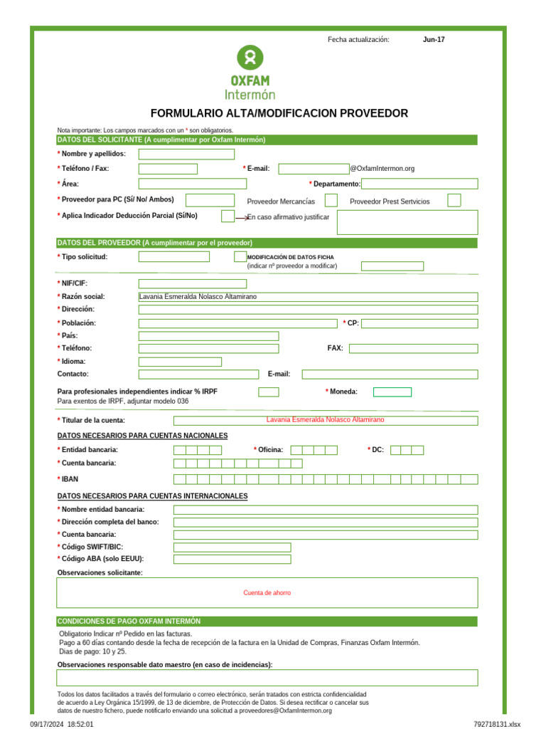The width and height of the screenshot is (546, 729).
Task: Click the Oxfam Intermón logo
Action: click(x=250, y=73)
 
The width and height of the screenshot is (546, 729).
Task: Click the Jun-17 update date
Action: click(x=434, y=40)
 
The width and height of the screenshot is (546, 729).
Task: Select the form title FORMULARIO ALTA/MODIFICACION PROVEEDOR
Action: click(x=279, y=113)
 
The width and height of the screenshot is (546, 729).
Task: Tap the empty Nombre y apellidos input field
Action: click(x=186, y=154)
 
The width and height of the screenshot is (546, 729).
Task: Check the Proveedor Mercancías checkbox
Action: click(x=331, y=201)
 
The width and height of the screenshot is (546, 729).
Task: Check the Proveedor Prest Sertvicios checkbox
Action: click(x=454, y=201)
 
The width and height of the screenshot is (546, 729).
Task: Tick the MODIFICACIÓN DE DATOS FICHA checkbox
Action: click(x=240, y=256)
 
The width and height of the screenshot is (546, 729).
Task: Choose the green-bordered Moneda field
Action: click(x=392, y=392)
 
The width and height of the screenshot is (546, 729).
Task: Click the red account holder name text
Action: click(x=325, y=420)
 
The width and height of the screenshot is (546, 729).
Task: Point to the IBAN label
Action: click(x=69, y=479)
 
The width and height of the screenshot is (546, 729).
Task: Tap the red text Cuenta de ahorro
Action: click(x=267, y=593)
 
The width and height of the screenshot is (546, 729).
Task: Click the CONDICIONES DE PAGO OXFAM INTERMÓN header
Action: click(x=129, y=621)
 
